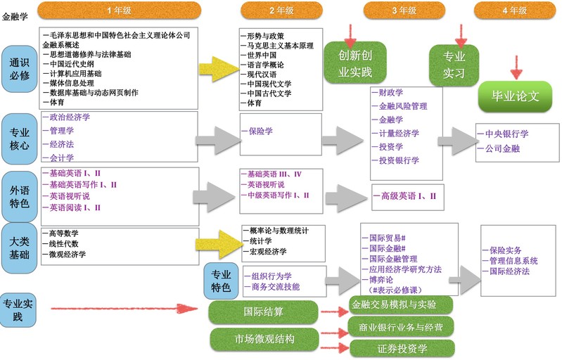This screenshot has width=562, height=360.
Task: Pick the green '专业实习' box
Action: tap(454, 63)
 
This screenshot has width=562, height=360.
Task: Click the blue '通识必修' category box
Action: tap(19, 68)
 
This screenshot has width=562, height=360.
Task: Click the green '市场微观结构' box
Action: tap(263, 339)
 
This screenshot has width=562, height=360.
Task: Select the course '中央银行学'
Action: tap(503, 134)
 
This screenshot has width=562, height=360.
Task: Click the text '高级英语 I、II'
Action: tap(409, 195)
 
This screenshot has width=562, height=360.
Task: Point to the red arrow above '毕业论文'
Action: tap(516, 68)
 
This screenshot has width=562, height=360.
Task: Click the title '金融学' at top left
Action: tap(15, 14)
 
